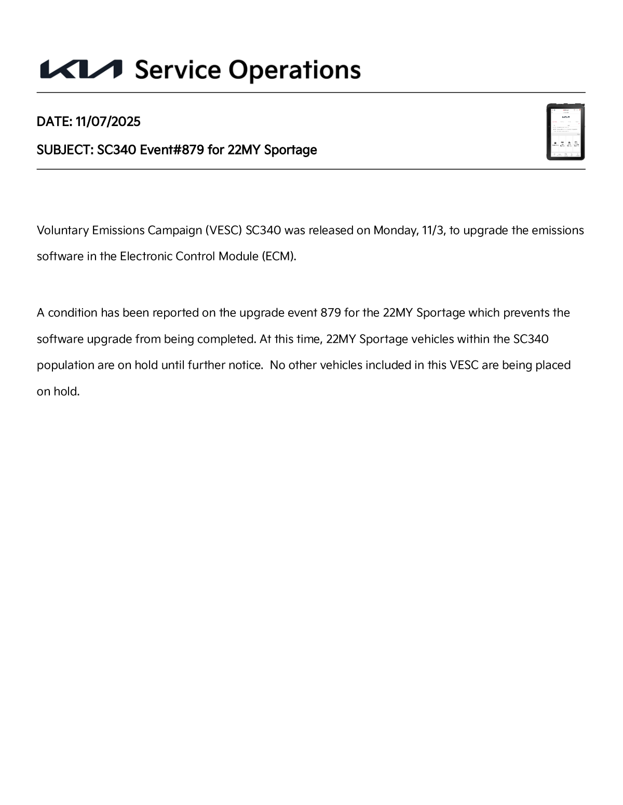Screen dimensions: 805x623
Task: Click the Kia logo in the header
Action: pyautogui.click(x=81, y=70)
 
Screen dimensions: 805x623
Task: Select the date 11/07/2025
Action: pyautogui.click(x=108, y=121)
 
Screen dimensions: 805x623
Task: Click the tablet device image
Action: pyautogui.click(x=565, y=132)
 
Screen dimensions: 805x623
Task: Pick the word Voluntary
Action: pyautogui.click(x=62, y=230)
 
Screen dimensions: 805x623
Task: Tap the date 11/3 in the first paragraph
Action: pyautogui.click(x=432, y=230)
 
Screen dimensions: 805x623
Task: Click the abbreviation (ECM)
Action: pyautogui.click(x=279, y=256)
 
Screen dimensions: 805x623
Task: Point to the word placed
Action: pyautogui.click(x=553, y=365)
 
